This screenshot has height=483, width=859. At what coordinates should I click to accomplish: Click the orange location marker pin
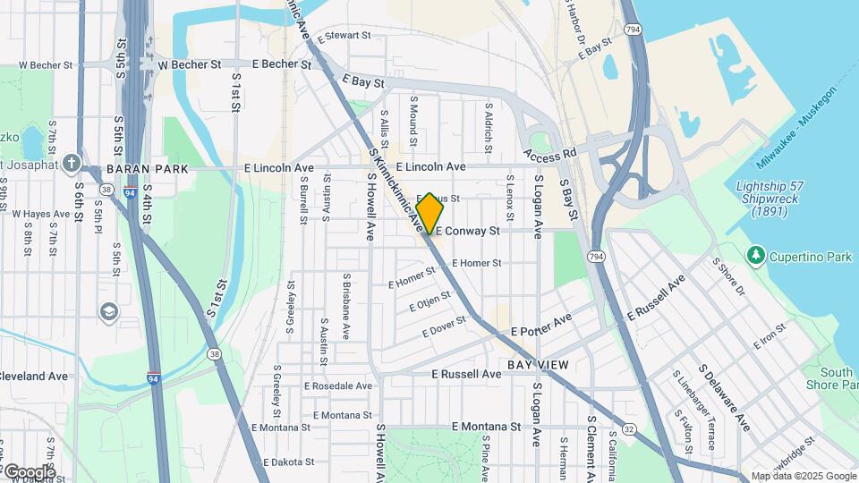pyautogui.click(x=429, y=213)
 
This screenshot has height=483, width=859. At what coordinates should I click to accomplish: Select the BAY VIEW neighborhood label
pyautogui.click(x=538, y=365)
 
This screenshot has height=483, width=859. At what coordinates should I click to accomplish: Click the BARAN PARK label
pyautogui.click(x=147, y=168)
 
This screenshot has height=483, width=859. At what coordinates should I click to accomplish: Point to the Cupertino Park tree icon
pyautogui.click(x=756, y=257)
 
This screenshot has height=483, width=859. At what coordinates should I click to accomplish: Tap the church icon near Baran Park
pyautogui.click(x=72, y=164)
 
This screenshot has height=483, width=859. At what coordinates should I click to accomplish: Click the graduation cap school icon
pyautogui.click(x=109, y=311)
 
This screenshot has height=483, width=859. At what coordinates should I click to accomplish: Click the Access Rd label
pyautogui.click(x=549, y=156)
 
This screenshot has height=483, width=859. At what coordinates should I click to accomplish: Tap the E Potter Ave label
pyautogui.click(x=540, y=326)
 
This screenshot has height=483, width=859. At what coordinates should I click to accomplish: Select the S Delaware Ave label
pyautogui.click(x=724, y=398)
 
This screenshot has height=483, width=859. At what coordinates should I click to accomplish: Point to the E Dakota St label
pyautogui.click(x=292, y=463)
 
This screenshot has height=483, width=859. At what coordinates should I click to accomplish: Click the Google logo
pyautogui.click(x=29, y=471)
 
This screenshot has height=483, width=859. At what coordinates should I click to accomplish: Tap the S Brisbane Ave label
pyautogui.click(x=345, y=306)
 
